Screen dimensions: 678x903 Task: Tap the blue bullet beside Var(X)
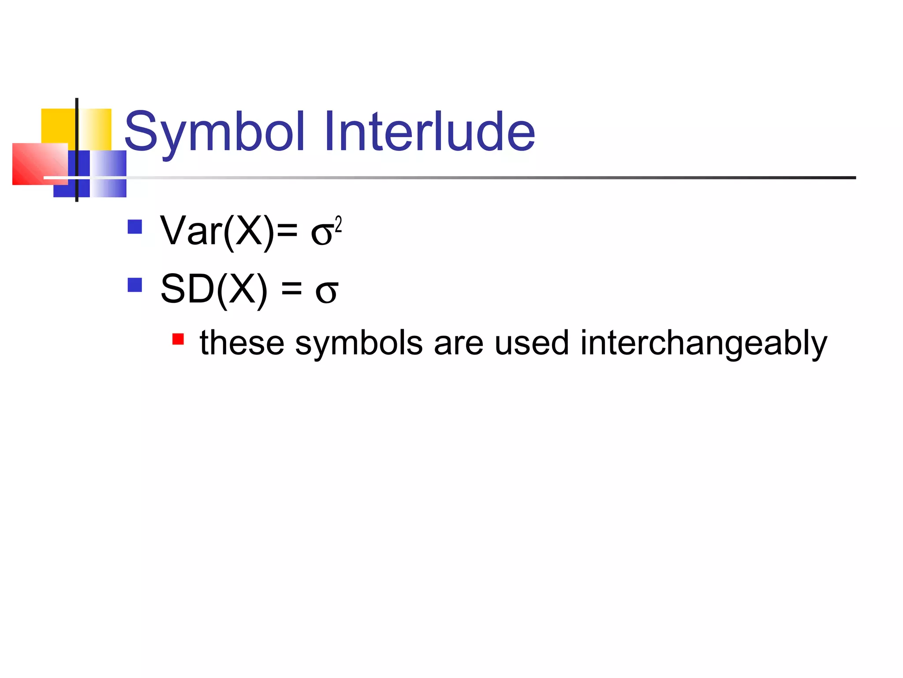(x=134, y=227)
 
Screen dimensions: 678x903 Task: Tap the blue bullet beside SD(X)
(x=134, y=285)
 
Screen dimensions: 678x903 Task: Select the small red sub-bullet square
(x=178, y=339)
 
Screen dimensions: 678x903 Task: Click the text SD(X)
(x=214, y=290)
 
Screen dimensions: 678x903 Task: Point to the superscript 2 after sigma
(x=338, y=224)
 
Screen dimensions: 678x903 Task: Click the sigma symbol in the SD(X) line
(x=327, y=292)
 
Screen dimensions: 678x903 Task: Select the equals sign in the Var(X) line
(x=287, y=231)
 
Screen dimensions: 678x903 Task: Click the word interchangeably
(x=704, y=343)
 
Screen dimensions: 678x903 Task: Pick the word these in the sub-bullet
(x=242, y=343)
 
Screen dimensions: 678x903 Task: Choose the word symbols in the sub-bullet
(x=359, y=343)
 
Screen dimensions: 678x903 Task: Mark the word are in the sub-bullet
(x=459, y=343)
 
